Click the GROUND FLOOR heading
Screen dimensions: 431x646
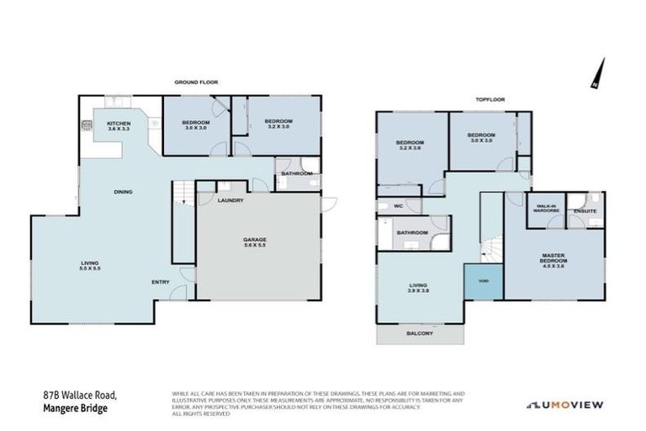click(196, 82)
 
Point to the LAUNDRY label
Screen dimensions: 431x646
click(230, 200)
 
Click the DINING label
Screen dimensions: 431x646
click(124, 192)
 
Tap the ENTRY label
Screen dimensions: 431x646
click(161, 282)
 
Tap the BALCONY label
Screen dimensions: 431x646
click(419, 334)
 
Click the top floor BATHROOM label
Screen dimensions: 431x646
click(412, 232)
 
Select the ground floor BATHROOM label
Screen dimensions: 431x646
click(297, 173)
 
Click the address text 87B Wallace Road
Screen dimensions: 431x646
click(80, 395)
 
